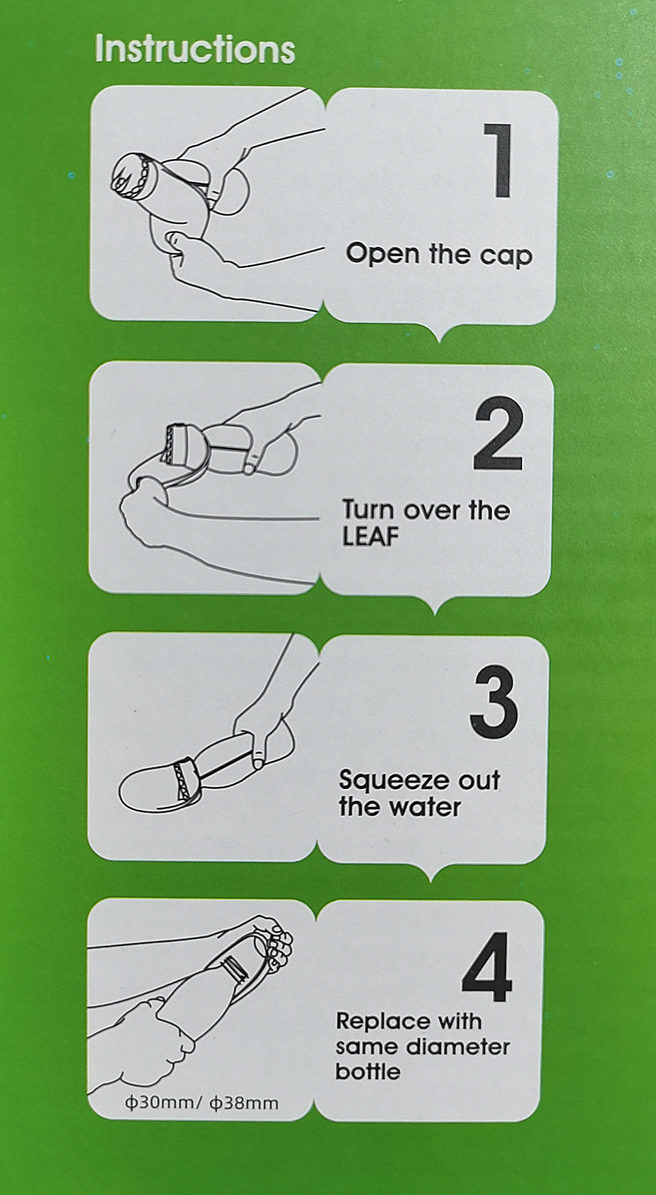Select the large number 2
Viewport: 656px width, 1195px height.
coord(498,434)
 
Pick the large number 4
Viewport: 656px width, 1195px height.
coord(487,968)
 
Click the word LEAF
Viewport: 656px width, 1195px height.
coord(371,538)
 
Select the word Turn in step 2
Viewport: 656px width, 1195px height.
coord(369,509)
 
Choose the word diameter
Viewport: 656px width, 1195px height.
coord(458,1046)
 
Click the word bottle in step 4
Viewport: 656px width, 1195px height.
coord(368,1072)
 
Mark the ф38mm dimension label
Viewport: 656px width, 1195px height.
coord(244,1103)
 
